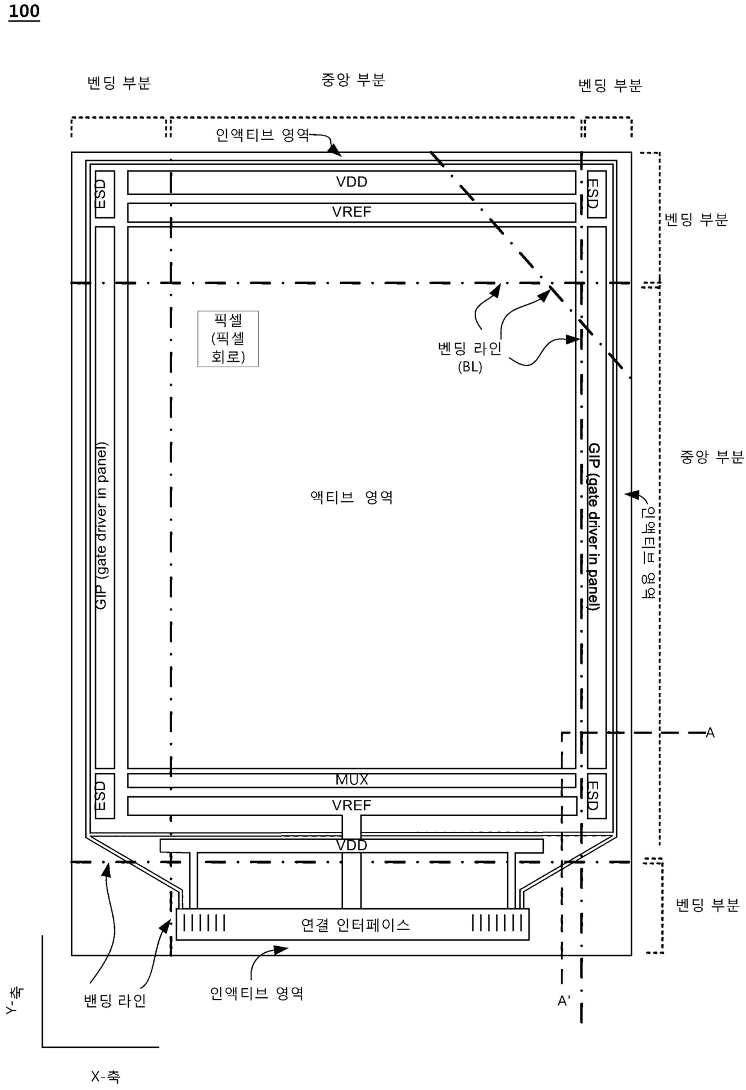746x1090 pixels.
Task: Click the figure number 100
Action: click(24, 11)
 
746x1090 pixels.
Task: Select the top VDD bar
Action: click(351, 182)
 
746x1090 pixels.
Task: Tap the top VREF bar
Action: click(351, 212)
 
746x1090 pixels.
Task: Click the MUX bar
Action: click(351, 780)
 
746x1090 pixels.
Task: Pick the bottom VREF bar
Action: click(351, 805)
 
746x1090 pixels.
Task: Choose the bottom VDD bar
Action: click(351, 845)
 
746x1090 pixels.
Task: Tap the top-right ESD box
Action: click(596, 194)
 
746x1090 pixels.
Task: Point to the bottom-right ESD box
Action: click(596, 796)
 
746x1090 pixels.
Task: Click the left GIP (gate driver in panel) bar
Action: click(104, 497)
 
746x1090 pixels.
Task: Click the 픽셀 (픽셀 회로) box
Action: click(228, 339)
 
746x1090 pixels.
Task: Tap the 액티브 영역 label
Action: click(351, 498)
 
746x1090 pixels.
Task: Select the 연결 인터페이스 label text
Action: click(355, 924)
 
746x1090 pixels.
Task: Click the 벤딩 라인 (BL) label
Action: click(469, 356)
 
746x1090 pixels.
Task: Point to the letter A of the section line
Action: click(710, 732)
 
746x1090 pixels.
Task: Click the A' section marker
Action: click(564, 1001)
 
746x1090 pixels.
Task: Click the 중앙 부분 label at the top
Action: click(353, 80)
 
